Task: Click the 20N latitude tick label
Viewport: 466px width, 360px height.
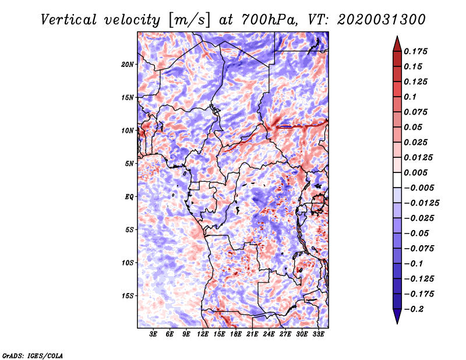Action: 128,64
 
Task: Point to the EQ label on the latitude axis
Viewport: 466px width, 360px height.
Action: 129,197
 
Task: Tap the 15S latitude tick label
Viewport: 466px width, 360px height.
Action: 128,296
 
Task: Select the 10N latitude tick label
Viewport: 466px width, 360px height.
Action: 128,130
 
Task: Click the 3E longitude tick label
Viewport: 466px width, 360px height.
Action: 153,334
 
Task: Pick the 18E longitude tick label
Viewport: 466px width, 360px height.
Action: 235,334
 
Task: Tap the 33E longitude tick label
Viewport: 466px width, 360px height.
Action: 318,334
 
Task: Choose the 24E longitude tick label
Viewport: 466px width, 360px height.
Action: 269,334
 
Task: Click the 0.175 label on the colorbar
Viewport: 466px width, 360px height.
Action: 415,51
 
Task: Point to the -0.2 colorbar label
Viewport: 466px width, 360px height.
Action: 414,309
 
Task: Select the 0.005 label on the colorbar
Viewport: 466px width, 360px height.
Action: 415,172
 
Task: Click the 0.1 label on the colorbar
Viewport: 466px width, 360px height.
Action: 410,97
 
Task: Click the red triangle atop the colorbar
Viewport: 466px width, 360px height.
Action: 397,44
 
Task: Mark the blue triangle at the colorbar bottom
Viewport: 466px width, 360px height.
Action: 397,316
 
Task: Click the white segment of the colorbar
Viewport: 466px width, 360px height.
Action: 397,180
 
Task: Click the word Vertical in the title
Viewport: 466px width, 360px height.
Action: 69,20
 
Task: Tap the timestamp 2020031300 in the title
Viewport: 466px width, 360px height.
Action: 382,20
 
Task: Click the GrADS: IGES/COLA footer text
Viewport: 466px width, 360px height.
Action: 33,356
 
